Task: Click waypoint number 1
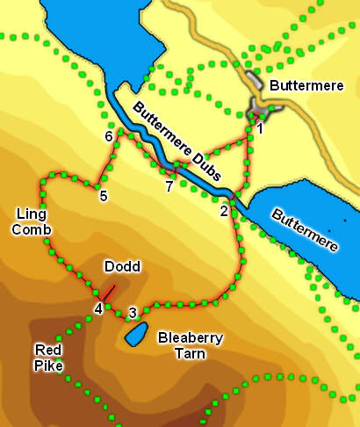(x=260, y=130)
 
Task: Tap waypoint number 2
(x=225, y=211)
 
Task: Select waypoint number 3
(x=133, y=312)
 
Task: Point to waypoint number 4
(x=98, y=308)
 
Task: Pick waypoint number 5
(x=104, y=196)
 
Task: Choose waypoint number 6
(x=109, y=137)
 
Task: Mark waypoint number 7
(x=169, y=186)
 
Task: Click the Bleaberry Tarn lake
(x=135, y=334)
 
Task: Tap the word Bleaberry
(x=187, y=337)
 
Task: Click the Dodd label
(x=122, y=266)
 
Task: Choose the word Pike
(x=47, y=365)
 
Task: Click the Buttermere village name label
(x=306, y=86)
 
